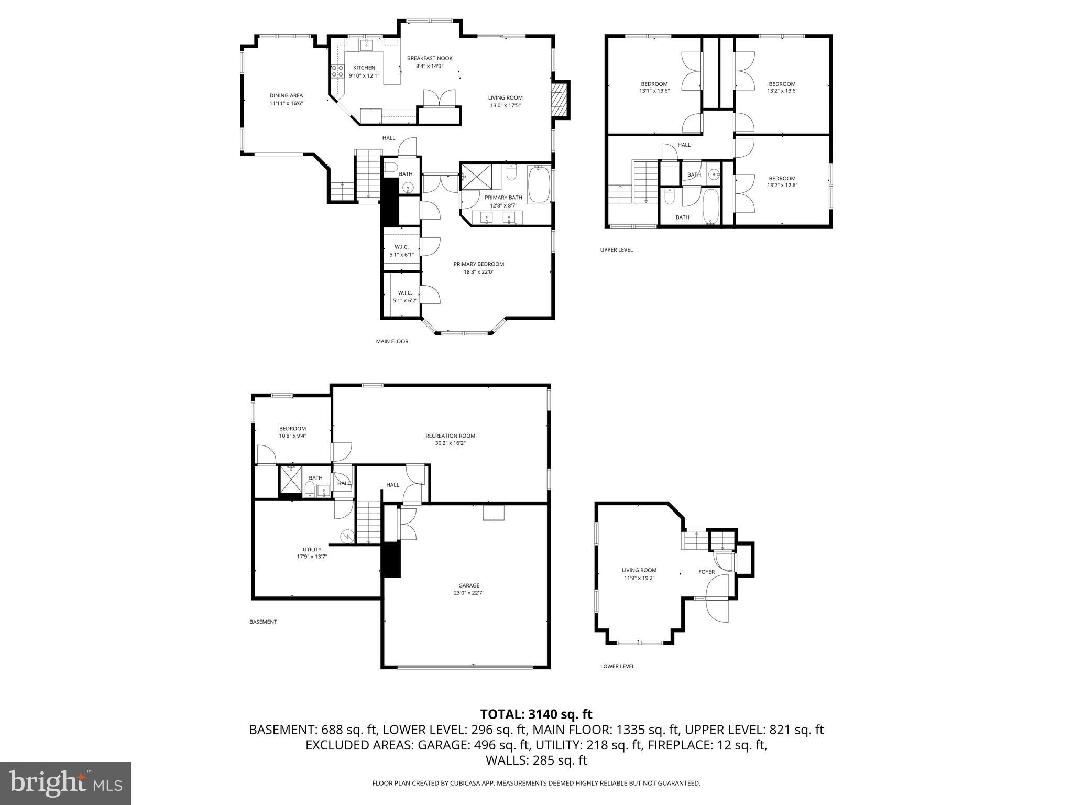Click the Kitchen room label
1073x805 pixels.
point(364,68)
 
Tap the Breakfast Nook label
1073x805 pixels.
point(430,58)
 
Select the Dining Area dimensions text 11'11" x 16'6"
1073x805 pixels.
point(286,103)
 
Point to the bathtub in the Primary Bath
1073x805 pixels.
point(538,184)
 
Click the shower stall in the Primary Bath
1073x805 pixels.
point(477,177)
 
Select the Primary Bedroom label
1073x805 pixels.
point(478,264)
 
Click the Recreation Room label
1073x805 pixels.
point(450,436)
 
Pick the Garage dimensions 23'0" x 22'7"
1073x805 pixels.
point(468,593)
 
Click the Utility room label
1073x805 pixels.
point(312,549)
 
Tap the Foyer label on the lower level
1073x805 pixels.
point(706,572)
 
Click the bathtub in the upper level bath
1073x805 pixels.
point(710,206)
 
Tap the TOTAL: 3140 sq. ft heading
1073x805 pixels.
point(536,714)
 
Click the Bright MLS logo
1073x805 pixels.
point(65,783)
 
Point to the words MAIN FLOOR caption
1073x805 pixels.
point(392,341)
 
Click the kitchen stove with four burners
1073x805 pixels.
point(337,71)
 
